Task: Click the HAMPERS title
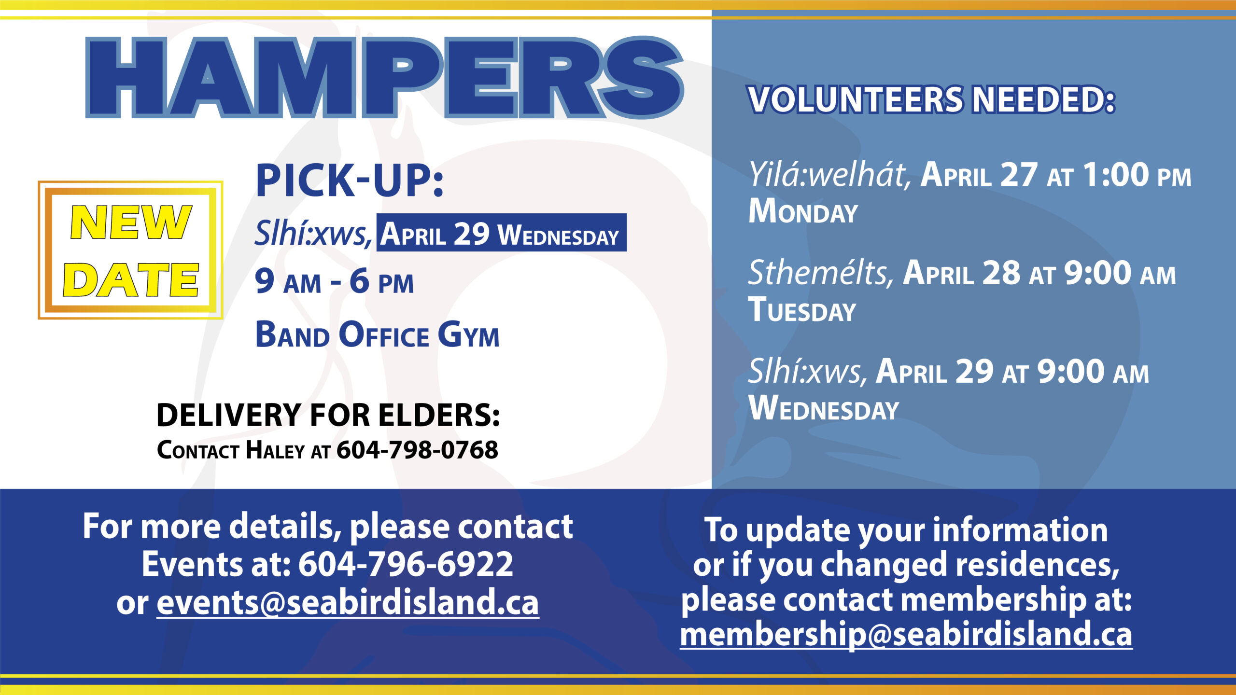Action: tap(384, 77)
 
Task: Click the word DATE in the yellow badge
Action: tap(131, 279)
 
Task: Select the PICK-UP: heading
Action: tap(350, 181)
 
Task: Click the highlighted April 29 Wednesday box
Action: tap(502, 233)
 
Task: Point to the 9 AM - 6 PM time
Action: tap(334, 281)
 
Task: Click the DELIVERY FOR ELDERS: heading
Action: tap(328, 415)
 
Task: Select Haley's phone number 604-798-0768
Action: tap(417, 450)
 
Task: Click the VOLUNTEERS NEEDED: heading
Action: tap(932, 99)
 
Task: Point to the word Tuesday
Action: tap(802, 309)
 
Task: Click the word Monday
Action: tap(803, 211)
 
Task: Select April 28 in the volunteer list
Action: tap(962, 273)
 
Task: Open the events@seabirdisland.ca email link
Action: tap(348, 603)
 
